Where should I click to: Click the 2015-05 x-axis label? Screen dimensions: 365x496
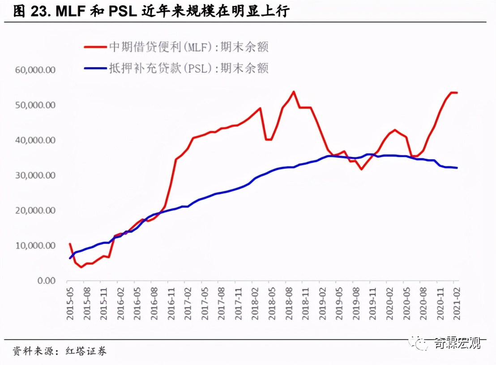coord(70,304)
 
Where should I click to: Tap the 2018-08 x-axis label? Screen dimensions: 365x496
coord(289,304)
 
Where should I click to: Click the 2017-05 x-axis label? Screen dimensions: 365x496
coord(205,304)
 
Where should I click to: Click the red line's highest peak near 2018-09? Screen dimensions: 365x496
coord(293,92)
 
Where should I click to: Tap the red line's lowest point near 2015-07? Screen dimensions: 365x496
coord(81,267)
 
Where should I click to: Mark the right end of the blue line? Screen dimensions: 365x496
coord(457,168)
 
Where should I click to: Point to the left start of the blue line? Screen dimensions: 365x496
coord(70,258)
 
